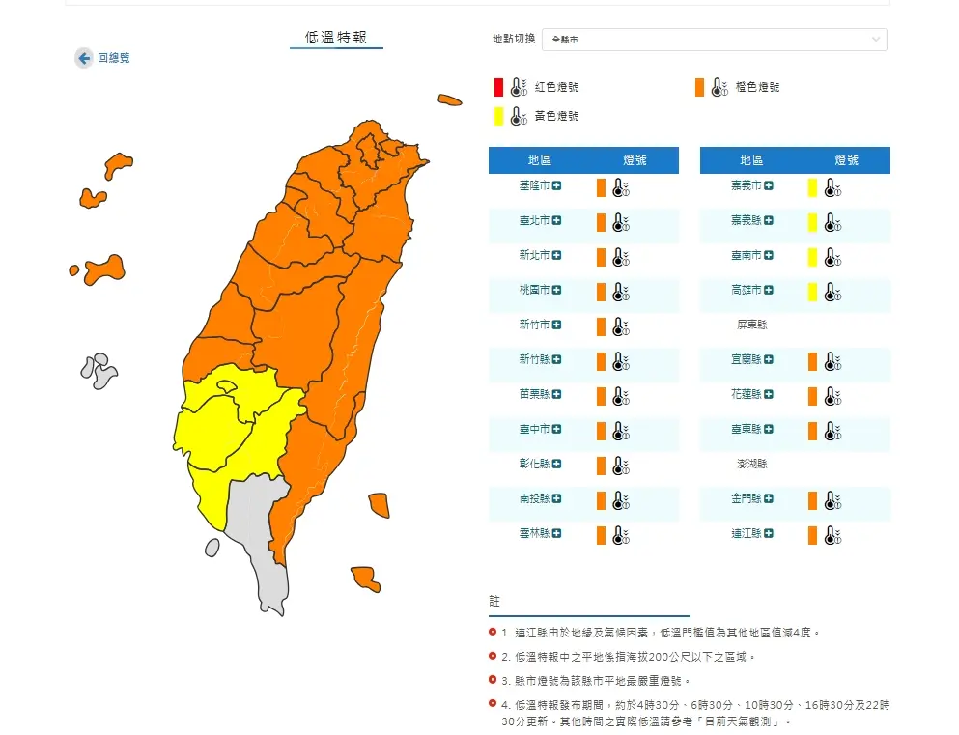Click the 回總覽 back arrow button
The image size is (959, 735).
84,58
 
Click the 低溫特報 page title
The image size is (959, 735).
336,38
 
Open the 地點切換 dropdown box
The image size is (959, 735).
714,40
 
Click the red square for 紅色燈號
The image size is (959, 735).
498,87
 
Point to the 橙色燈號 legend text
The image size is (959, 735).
757,87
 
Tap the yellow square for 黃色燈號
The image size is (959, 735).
498,116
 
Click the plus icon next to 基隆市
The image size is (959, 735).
557,185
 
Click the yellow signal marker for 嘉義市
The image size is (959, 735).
813,187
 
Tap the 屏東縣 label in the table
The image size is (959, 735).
751,325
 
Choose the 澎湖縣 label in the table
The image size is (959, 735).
751,464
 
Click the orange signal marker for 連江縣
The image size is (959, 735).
813,534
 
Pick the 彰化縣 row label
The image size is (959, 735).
534,464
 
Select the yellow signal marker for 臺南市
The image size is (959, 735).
813,257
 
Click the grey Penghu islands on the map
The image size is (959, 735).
99,369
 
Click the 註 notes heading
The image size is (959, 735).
494,602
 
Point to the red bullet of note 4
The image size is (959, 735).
494,705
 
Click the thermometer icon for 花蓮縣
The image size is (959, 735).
832,396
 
